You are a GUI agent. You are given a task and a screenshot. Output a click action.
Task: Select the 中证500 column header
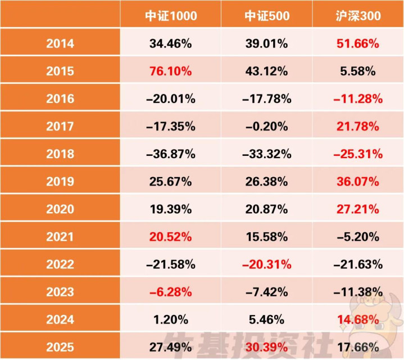(x=267, y=16)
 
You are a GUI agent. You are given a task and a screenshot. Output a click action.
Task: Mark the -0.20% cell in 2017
(x=267, y=126)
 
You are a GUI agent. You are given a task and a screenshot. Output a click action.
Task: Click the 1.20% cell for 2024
(x=172, y=319)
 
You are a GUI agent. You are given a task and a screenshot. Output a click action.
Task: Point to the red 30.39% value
(x=267, y=346)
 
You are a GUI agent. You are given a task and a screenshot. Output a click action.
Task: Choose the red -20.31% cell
(x=267, y=264)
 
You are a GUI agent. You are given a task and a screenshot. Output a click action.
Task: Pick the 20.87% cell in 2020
(x=267, y=209)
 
